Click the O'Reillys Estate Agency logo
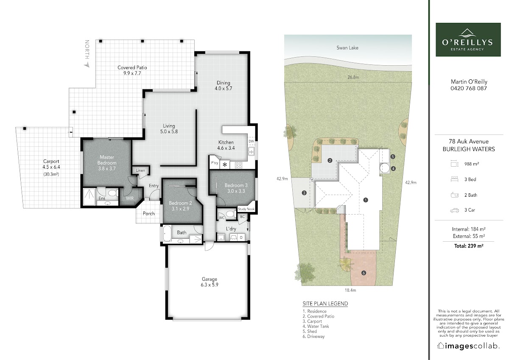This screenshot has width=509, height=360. tap(468, 39)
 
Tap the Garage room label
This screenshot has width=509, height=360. tap(209, 279)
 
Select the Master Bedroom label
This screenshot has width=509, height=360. tap(107, 160)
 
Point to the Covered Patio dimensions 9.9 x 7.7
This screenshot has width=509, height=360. tap(132, 73)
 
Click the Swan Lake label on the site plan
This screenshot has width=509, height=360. tap(347, 47)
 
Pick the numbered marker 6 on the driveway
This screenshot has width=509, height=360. tap(364, 273)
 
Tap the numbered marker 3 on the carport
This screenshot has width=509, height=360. tap(304, 193)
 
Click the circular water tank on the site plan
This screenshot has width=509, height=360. tap(385, 168)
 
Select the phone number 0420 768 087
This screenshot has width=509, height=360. tap(469, 88)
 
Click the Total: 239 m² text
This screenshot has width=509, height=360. tap(469, 246)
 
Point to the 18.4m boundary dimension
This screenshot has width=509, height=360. tap(350, 290)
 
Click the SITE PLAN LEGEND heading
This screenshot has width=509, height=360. tap(325, 304)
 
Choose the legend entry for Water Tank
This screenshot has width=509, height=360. tap(316, 326)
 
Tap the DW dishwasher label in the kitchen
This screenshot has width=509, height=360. tap(251, 141)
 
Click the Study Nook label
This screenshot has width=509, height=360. tap(246, 209)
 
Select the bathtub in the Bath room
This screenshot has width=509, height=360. tap(167, 233)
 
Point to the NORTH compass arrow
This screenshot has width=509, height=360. tap(87, 65)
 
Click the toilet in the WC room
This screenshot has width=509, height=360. tap(230, 214)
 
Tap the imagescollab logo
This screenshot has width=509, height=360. tap(468, 346)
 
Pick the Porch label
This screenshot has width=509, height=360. tap(148, 214)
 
